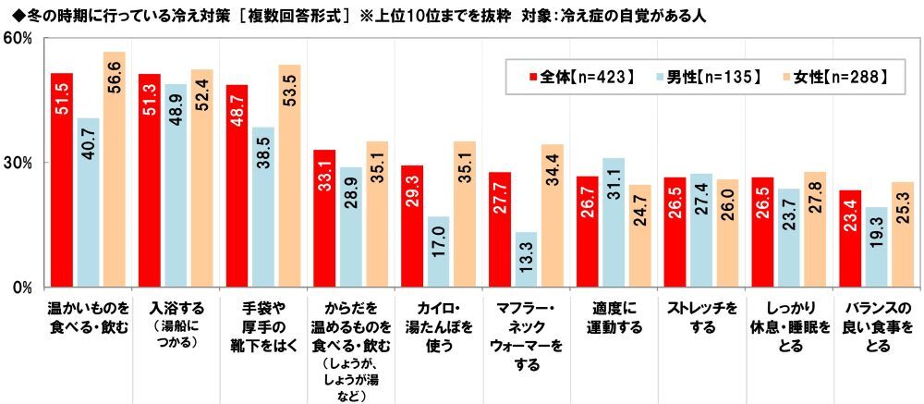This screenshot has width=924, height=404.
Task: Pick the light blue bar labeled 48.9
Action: pos(176,185)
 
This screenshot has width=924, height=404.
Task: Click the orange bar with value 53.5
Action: pos(289,176)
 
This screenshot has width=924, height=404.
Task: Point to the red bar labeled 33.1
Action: pos(324,217)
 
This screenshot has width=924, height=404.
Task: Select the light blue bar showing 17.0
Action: pos(438,251)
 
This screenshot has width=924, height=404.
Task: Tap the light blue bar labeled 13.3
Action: pos(526,259)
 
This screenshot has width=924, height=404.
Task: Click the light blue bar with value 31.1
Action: pos(613,222)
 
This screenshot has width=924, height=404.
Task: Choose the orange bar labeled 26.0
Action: pos(726,232)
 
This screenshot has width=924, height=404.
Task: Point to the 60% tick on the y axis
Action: pos(18,39)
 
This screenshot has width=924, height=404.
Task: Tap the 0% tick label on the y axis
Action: pos(22,288)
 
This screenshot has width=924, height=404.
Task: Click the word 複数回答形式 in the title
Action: pos(292,14)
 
